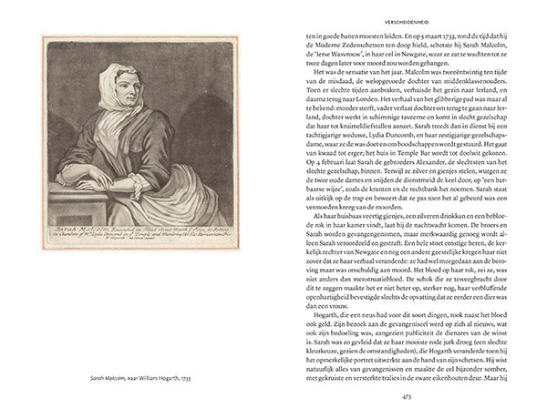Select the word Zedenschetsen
(365, 43)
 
